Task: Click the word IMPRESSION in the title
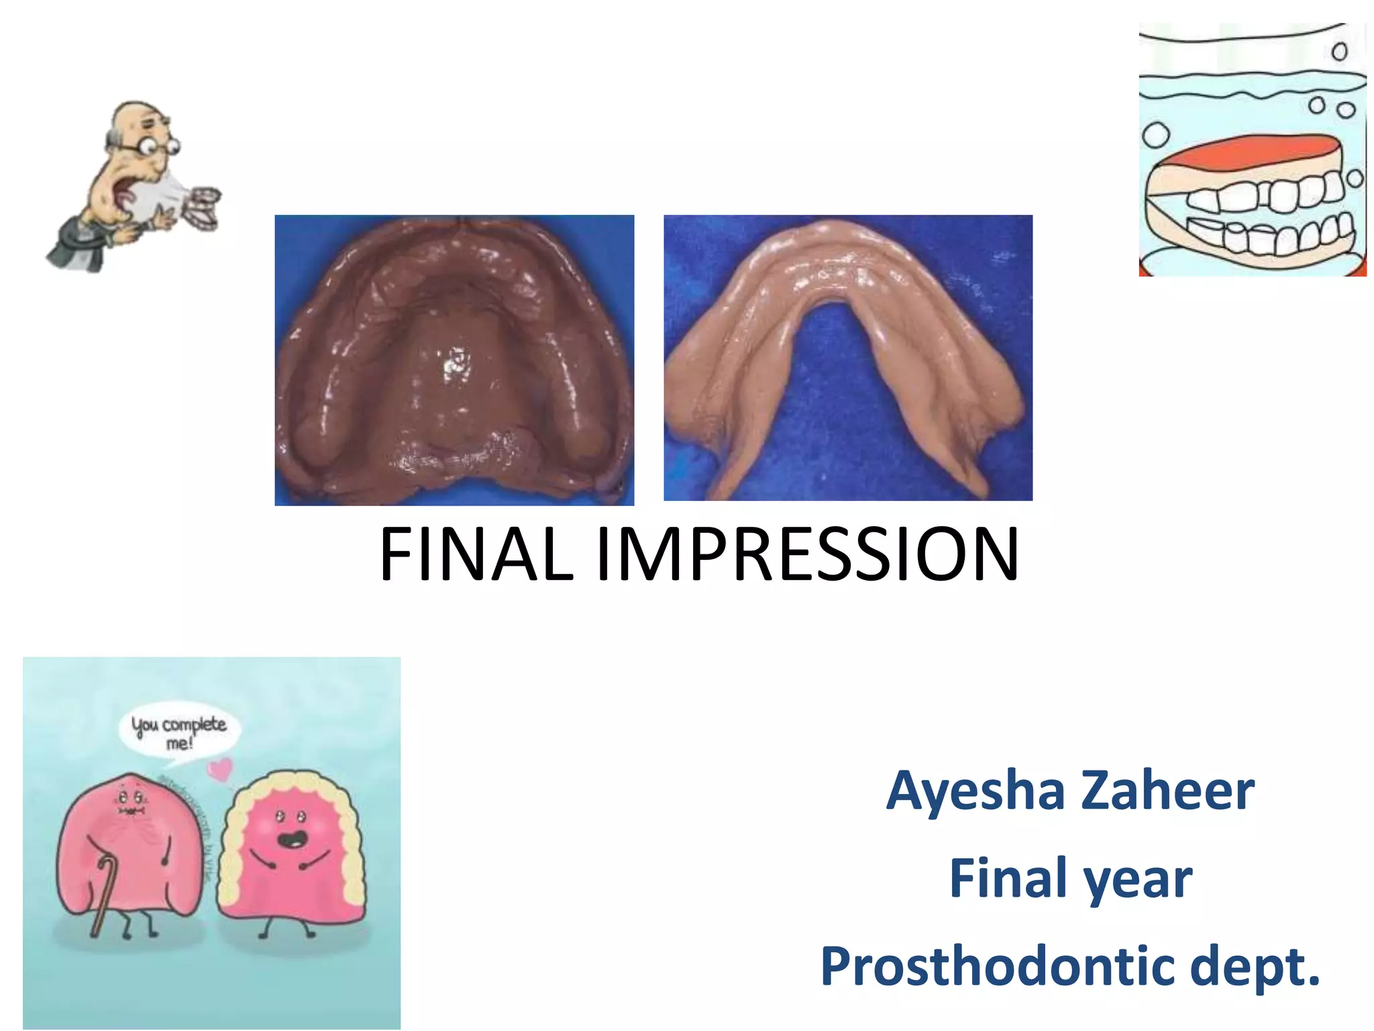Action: point(807,554)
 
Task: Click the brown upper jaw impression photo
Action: point(454,360)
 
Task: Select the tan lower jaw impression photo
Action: point(847,357)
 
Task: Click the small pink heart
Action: point(219,768)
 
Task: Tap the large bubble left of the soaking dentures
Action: point(1155,135)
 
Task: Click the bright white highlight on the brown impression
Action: point(456,363)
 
